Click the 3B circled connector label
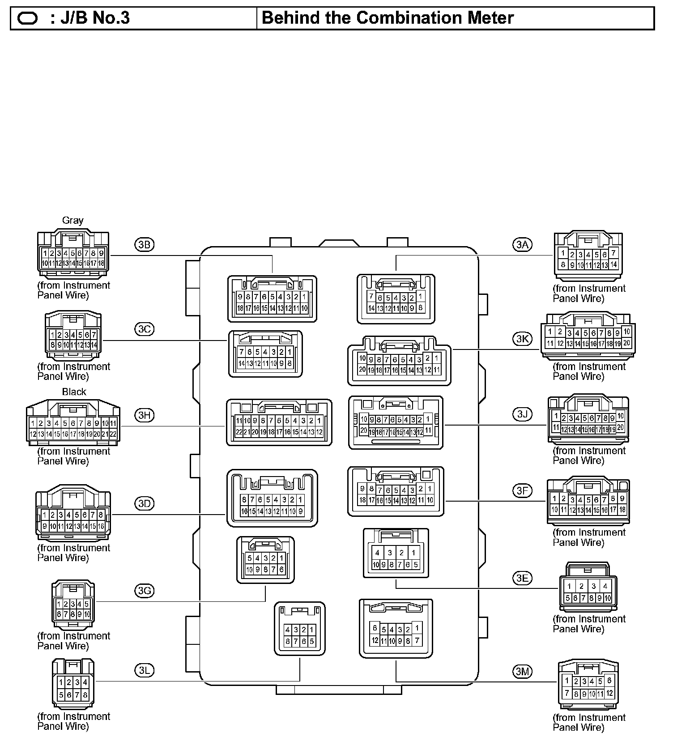tap(144, 244)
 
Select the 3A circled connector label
tap(522, 244)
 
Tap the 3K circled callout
tap(522, 339)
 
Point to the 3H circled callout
tap(144, 415)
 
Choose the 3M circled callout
tap(522, 671)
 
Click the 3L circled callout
tap(144, 670)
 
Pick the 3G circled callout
tap(144, 591)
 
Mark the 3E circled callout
tap(522, 578)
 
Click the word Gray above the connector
tap(72, 221)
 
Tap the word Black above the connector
tap(74, 392)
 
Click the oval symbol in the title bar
tap(28, 18)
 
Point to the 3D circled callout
tap(144, 503)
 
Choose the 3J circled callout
tap(522, 414)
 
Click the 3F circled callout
tap(522, 491)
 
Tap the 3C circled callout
tap(144, 329)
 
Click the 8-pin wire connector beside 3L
tap(73, 684)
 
